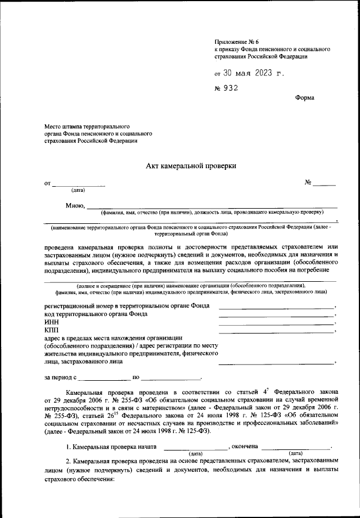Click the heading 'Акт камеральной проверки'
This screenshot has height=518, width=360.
[191, 165]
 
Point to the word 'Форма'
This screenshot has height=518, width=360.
[304, 97]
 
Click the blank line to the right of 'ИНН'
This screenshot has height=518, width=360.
[276, 323]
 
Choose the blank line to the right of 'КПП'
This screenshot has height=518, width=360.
[276, 332]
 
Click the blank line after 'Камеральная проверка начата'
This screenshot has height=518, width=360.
[195, 447]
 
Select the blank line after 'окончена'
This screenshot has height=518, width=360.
[296, 447]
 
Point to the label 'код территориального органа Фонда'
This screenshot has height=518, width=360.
[96, 314]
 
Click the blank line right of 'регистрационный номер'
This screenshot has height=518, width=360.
[276, 307]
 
